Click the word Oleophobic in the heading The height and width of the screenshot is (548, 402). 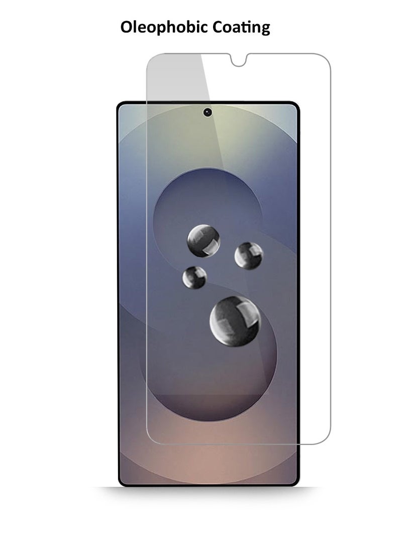tap(164, 27)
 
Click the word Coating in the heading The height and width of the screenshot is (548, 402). tap(241, 27)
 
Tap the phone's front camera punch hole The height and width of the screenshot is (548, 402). tap(208, 112)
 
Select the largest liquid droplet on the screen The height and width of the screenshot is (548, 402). tap(235, 321)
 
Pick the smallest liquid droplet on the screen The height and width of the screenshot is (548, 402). tap(194, 277)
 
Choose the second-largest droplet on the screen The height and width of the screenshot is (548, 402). tap(204, 241)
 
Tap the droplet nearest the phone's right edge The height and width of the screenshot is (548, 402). tap(249, 256)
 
